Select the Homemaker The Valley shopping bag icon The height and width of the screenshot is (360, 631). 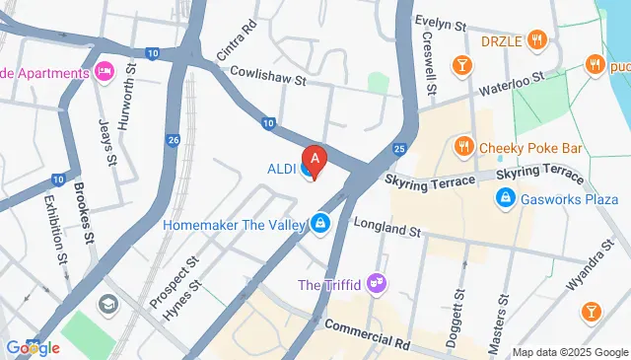pyautogui.click(x=319, y=225)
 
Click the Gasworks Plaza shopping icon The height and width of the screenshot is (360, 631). pyautogui.click(x=505, y=198)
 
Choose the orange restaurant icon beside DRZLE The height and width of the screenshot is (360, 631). pyautogui.click(x=537, y=40)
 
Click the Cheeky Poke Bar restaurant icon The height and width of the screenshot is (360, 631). pyautogui.click(x=463, y=148)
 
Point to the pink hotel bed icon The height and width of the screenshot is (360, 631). pyautogui.click(x=105, y=71)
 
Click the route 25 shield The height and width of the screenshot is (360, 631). pyautogui.click(x=398, y=149)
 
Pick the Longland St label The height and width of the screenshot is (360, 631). pyautogui.click(x=387, y=229)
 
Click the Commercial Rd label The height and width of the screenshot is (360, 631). pyautogui.click(x=367, y=335)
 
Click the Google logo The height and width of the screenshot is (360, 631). pyautogui.click(x=33, y=347)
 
